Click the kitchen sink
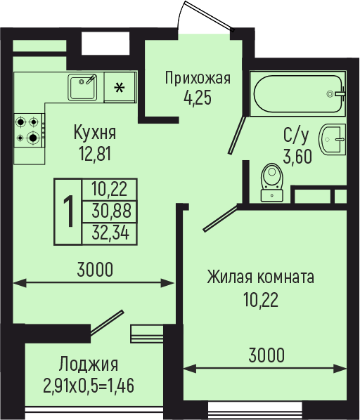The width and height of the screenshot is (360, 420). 82,87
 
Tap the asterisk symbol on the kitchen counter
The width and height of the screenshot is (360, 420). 120,88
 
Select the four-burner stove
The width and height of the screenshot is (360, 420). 30,130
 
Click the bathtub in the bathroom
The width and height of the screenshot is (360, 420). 298,93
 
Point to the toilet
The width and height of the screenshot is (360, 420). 272,183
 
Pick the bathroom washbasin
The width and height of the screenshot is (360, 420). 332,139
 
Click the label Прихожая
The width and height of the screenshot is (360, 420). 198,79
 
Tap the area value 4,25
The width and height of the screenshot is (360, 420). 198,97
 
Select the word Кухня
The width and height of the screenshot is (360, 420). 95,133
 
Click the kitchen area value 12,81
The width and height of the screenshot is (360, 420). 95,154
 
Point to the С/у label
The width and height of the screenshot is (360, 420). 296,136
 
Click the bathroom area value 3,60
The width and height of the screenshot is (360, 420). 297,157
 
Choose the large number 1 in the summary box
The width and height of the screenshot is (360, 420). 69,211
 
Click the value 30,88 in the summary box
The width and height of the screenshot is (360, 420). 111,211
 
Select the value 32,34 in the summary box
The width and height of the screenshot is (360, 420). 110,232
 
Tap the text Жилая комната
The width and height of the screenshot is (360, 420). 260,277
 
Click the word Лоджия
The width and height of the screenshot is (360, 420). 89,365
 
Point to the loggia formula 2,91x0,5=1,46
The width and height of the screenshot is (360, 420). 89,386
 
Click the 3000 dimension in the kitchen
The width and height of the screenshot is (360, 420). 95,270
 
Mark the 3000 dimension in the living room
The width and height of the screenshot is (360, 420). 266,355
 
